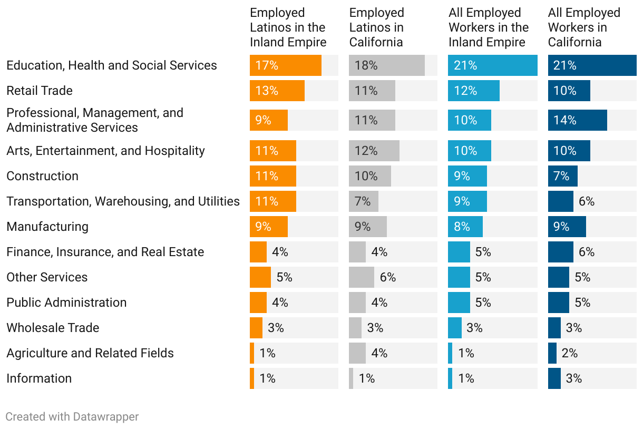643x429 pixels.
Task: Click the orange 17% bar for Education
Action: pyautogui.click(x=285, y=65)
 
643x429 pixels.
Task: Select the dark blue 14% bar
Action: pyautogui.click(x=577, y=120)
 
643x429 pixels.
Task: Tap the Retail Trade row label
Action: pyautogui.click(x=40, y=91)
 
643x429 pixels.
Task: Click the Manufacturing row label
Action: pyautogui.click(x=47, y=227)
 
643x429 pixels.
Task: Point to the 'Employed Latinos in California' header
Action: pyautogui.click(x=377, y=27)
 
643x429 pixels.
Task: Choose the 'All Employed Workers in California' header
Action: pyautogui.click(x=584, y=27)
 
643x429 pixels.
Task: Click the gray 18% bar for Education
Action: pyautogui.click(x=386, y=65)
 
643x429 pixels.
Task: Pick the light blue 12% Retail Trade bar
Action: pyautogui.click(x=473, y=91)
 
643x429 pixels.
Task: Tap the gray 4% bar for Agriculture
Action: pyautogui.click(x=357, y=353)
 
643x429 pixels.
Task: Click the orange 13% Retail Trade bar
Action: pyautogui.click(x=277, y=91)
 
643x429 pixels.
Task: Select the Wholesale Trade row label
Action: pyautogui.click(x=53, y=328)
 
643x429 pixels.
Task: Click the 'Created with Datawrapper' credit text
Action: pyautogui.click(x=72, y=417)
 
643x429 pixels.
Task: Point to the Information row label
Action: pyautogui.click(x=39, y=378)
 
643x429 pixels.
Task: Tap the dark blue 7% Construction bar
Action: pyautogui.click(x=562, y=176)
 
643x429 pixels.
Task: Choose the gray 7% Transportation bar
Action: pyautogui.click(x=363, y=201)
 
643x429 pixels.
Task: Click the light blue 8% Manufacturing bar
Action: pyautogui.click(x=465, y=227)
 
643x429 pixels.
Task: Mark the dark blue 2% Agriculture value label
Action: pyautogui.click(x=570, y=353)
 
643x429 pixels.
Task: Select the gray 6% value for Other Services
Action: pyautogui.click(x=388, y=277)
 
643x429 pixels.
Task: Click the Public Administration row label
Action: pyautogui.click(x=66, y=303)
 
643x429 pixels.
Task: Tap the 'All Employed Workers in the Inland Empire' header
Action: pyautogui.click(x=489, y=27)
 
